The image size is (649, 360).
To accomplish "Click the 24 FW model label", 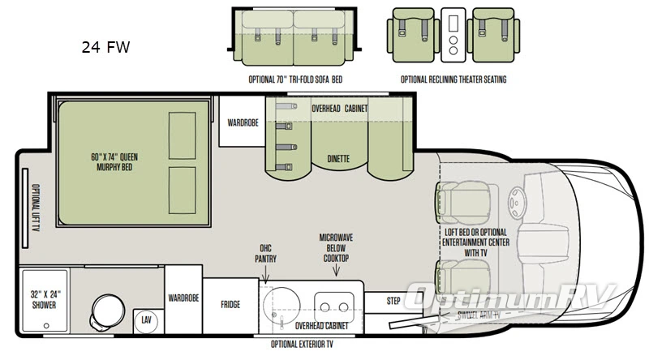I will [105, 47].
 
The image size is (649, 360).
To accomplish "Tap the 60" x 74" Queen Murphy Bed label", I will [112, 162].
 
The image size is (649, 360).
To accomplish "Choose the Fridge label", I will [230, 305].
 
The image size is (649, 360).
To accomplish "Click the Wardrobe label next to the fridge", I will [183, 298].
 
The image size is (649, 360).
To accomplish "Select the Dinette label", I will [338, 159].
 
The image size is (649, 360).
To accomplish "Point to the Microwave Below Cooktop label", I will [334, 248].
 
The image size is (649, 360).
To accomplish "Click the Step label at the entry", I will [393, 301].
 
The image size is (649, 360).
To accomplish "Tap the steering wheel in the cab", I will [514, 202].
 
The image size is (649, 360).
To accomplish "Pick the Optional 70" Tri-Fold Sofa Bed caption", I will [294, 80].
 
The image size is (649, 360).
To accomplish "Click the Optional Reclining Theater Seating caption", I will [453, 80].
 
